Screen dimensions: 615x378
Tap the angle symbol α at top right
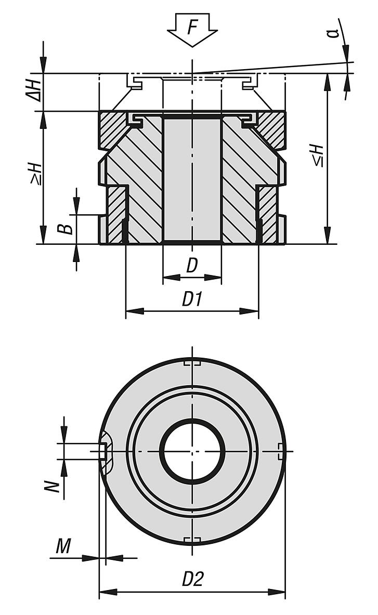[335, 33]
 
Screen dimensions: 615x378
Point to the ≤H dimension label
[318, 155]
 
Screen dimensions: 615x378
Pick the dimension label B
[66, 227]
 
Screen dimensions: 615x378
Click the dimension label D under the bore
[192, 266]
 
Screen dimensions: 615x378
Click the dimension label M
[63, 546]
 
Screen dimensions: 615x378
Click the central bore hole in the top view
[192, 451]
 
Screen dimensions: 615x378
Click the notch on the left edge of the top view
[106, 451]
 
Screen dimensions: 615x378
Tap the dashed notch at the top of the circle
[192, 362]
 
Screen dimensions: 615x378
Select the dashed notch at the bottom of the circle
[192, 539]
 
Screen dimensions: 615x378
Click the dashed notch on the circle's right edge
[281, 451]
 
